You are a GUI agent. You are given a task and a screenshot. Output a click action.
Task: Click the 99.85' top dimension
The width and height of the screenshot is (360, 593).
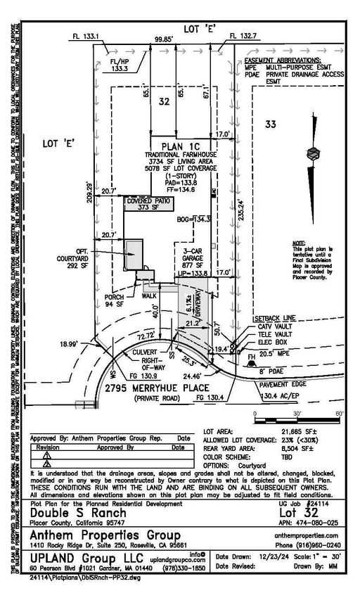tap(164, 40)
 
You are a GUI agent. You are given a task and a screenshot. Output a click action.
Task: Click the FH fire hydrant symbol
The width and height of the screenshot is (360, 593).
tap(251, 358)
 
